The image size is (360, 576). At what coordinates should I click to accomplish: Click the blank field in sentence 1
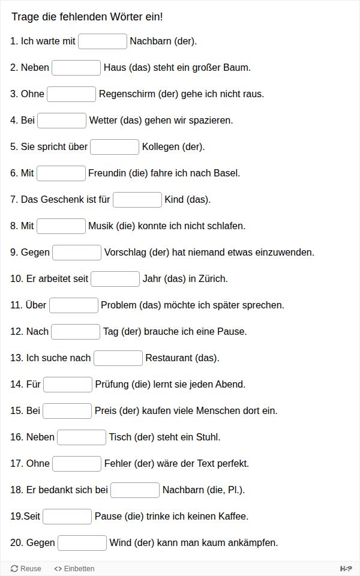pyautogui.click(x=103, y=41)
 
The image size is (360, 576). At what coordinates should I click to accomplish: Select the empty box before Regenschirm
pyautogui.click(x=71, y=94)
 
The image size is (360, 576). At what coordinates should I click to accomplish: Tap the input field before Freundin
pyautogui.click(x=61, y=173)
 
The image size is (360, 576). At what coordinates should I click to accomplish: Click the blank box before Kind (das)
pyautogui.click(x=137, y=200)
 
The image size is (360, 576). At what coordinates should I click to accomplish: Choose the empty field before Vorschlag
pyautogui.click(x=77, y=253)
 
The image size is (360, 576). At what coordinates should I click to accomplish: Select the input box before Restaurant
pyautogui.click(x=118, y=358)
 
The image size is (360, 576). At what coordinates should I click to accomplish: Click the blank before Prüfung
pyautogui.click(x=68, y=385)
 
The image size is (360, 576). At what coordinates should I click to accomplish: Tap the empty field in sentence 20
pyautogui.click(x=82, y=543)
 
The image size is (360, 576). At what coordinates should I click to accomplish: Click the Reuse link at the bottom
pyautogui.click(x=26, y=569)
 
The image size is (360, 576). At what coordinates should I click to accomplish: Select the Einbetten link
pyautogui.click(x=74, y=569)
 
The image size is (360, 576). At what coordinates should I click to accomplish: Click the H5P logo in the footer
pyautogui.click(x=346, y=569)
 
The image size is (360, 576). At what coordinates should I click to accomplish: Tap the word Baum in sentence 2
pyautogui.click(x=237, y=68)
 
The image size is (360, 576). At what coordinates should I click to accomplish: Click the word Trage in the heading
pyautogui.click(x=24, y=17)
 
